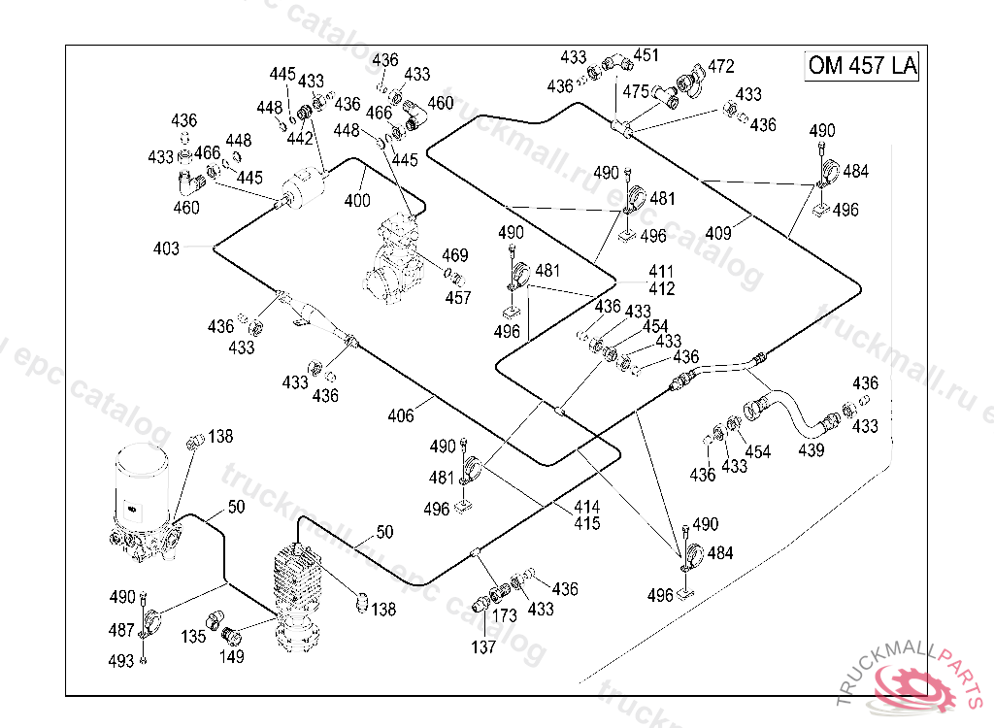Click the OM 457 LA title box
coord(862,65)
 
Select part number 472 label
coord(721,66)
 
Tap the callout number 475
coord(635,92)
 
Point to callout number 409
coord(718,233)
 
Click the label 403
coord(166,248)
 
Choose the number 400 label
coord(357,200)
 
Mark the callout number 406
coord(401,415)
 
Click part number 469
coord(455,255)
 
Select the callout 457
coord(458,297)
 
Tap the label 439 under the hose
coord(811,450)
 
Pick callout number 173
coord(504,615)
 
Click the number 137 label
coord(483,646)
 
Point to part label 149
coord(231,656)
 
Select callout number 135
coord(193,636)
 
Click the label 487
coord(121,630)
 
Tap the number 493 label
coord(121,661)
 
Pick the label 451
coord(646,55)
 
